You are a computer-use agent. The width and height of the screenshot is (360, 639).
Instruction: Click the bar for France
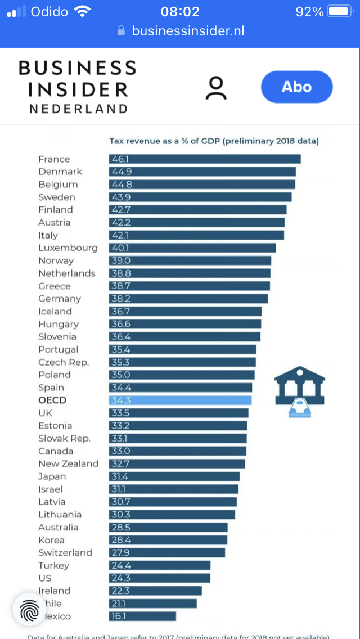205,159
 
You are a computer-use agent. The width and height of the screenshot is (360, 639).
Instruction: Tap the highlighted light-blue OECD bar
180,400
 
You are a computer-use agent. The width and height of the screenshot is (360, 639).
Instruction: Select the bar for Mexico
142,616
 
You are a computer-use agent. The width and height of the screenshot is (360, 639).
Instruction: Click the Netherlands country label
67,273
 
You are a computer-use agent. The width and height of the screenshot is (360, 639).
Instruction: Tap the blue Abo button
296,87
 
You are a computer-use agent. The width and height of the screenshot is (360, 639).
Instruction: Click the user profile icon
215,88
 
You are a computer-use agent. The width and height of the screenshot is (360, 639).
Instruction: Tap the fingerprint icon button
29,610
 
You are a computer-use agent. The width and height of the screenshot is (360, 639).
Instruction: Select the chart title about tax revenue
214,141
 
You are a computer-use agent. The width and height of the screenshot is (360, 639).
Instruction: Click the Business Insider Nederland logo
77,87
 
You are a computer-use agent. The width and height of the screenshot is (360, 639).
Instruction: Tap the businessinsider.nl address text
188,31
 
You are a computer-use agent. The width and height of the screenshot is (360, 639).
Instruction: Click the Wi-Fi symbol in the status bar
83,11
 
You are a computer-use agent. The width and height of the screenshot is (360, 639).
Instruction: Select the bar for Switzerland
167,553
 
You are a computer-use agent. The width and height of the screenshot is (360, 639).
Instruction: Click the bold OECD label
52,400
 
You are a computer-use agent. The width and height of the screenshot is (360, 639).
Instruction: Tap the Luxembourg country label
68,248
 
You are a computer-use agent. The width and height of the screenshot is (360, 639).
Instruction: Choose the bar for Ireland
155,591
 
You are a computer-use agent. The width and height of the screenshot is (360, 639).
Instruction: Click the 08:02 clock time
179,11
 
